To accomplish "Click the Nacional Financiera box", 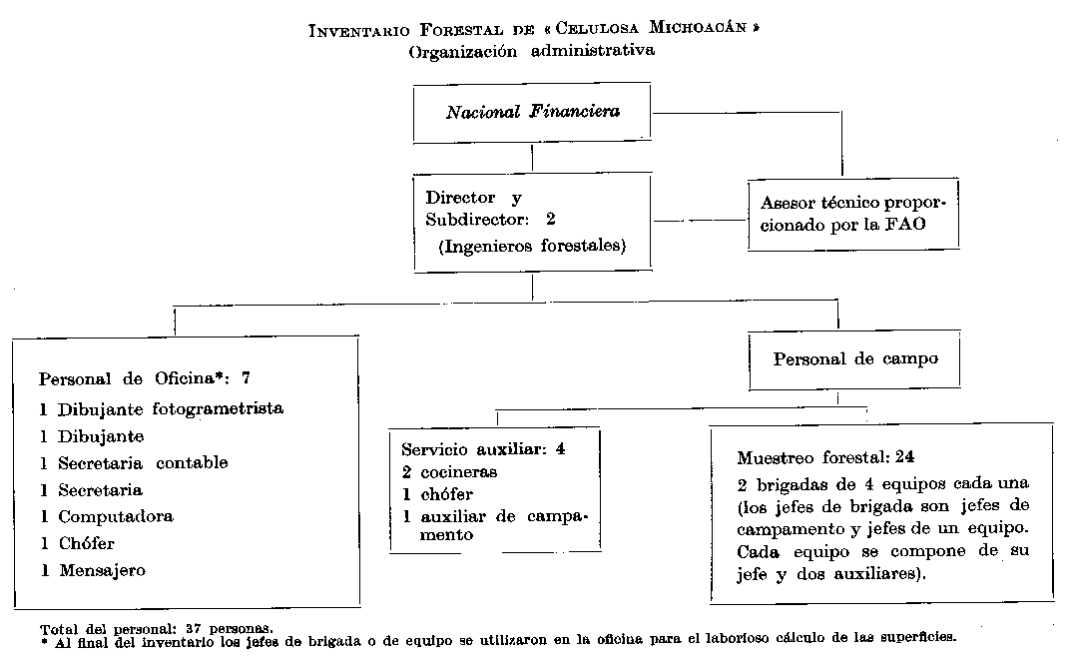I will pyautogui.click(x=532, y=112).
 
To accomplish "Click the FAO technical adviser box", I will pyautogui.click(x=853, y=214).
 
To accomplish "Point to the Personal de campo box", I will pyautogui.click(x=855, y=358).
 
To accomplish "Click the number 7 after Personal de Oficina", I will pyautogui.click(x=247, y=378).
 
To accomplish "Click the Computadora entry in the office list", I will pyautogui.click(x=115, y=516).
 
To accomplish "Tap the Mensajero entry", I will pyautogui.click(x=101, y=570).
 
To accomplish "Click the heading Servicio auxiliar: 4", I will pyautogui.click(x=483, y=448).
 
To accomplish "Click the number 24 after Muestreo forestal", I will pyautogui.click(x=905, y=458).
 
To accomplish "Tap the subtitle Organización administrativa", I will pyautogui.click(x=532, y=51).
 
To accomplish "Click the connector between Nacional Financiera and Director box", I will pyautogui.click(x=532, y=158).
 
